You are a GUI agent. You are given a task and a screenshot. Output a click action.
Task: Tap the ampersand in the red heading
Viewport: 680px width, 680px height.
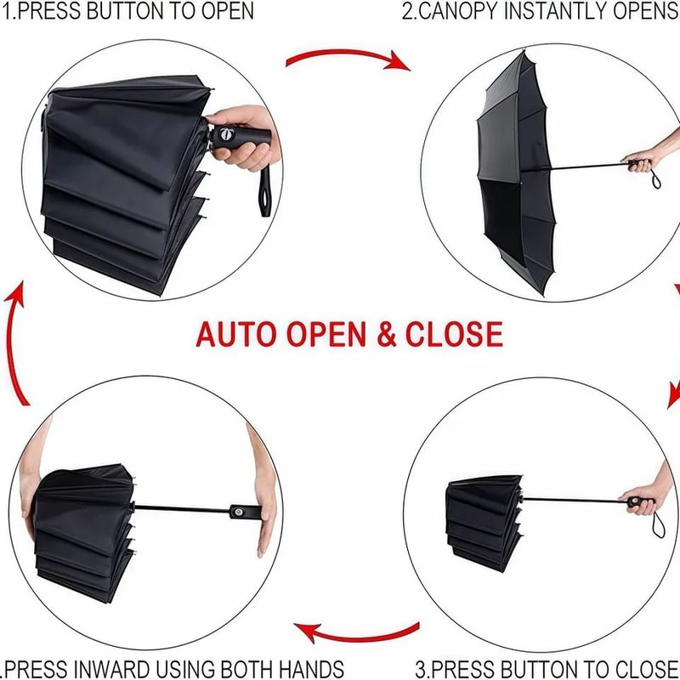386,334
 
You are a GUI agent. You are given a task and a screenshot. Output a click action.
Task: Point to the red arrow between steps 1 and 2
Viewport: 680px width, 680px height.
348,59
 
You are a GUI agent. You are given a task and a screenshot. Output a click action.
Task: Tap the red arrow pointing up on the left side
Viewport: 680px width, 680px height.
19,340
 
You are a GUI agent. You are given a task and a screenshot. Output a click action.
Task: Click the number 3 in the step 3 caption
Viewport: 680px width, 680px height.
420,668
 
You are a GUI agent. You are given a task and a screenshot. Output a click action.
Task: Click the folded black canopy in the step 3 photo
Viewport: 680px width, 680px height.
482,518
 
